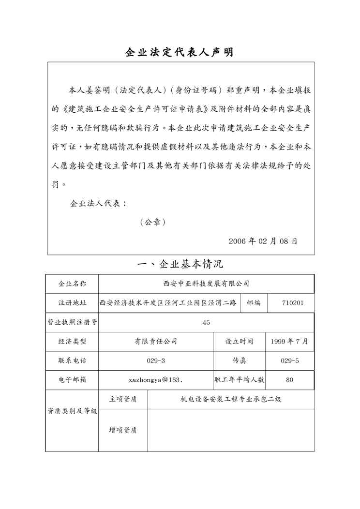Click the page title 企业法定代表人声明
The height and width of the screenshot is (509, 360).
(180, 52)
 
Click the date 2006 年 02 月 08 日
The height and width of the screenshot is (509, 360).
(263, 240)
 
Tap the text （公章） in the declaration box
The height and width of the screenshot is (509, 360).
(153, 222)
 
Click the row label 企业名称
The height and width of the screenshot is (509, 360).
(72, 284)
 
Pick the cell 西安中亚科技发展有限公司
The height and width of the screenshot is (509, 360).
(206, 284)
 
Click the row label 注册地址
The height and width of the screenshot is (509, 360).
(72, 303)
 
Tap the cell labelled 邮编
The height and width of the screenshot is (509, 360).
(254, 303)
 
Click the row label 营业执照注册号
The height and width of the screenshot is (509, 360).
(72, 322)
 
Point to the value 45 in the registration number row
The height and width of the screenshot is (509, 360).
(206, 322)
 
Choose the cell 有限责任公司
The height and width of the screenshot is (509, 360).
(156, 341)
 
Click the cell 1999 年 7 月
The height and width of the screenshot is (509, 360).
(289, 341)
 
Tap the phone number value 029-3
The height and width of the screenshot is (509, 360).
(156, 360)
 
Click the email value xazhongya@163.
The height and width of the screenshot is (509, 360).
(155, 380)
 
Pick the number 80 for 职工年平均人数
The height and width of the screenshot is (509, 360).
(289, 380)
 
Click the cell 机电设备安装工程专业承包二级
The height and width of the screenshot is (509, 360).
(231, 399)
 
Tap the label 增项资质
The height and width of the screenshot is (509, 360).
(122, 430)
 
